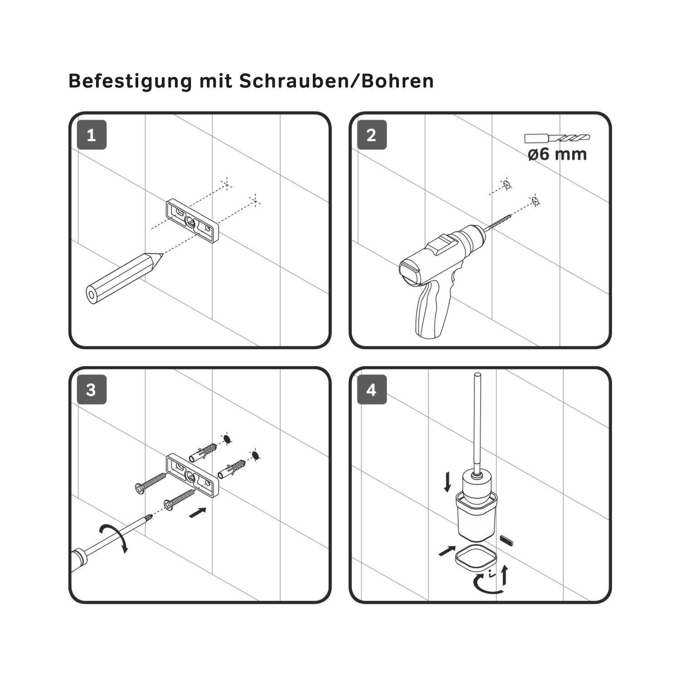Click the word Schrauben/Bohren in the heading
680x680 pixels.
pos(336,81)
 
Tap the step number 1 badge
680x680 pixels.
pos(92,135)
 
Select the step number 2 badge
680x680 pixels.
pos(372,135)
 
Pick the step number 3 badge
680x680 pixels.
pos(92,390)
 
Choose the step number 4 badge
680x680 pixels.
pos(372,390)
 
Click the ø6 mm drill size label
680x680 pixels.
pos(557,154)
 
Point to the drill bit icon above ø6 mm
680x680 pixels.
pos(557,138)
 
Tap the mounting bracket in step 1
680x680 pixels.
pos(192,221)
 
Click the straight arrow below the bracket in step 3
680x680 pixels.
pos(197,513)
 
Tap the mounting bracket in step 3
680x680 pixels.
pos(192,476)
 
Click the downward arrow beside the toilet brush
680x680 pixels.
pos(447,482)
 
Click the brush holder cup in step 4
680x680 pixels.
pos(476,517)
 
